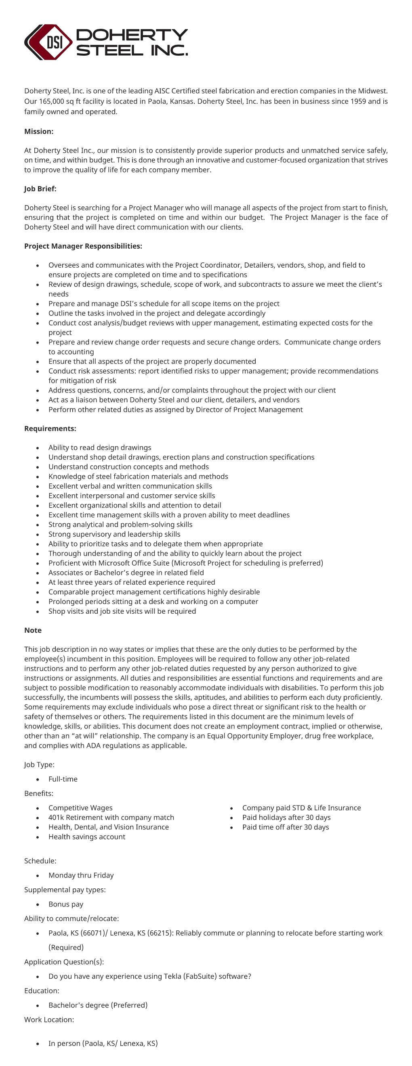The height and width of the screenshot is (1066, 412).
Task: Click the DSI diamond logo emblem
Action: pyautogui.click(x=49, y=42)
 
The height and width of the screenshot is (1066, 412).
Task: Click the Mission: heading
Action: pyautogui.click(x=38, y=132)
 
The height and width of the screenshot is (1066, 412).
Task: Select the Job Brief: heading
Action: pyautogui.click(x=40, y=189)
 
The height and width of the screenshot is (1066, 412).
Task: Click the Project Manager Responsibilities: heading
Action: pyautogui.click(x=83, y=246)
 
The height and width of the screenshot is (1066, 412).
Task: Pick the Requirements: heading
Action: pyautogui.click(x=50, y=429)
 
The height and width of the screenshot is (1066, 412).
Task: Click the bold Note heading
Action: pyautogui.click(x=33, y=630)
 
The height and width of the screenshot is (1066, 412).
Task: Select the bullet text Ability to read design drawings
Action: pyautogui.click(x=99, y=448)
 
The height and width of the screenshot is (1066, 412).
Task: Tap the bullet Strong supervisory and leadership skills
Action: pyautogui.click(x=114, y=534)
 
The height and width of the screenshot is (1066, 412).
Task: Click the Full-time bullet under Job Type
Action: pyautogui.click(x=63, y=779)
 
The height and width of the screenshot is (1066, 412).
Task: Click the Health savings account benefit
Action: pyautogui.click(x=86, y=837)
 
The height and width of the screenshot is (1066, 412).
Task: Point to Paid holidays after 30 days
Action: pyautogui.click(x=286, y=817)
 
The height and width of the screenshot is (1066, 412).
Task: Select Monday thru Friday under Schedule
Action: pyautogui.click(x=81, y=875)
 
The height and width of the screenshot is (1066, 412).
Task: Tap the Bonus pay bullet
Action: pyautogui.click(x=65, y=904)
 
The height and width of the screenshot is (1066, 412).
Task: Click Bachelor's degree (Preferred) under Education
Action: pyautogui.click(x=98, y=1005)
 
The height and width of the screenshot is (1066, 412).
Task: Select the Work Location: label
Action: pyautogui.click(x=49, y=1020)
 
